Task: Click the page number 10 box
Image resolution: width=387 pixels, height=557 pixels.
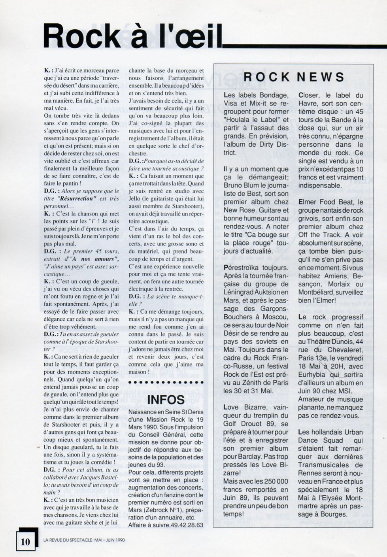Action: [25, 541]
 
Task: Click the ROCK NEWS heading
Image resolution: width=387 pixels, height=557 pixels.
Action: [294, 77]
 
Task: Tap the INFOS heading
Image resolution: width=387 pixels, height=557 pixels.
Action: [166, 400]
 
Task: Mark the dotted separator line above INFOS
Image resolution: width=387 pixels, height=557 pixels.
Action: [166, 383]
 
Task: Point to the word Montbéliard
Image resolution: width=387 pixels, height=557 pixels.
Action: [319, 293]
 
